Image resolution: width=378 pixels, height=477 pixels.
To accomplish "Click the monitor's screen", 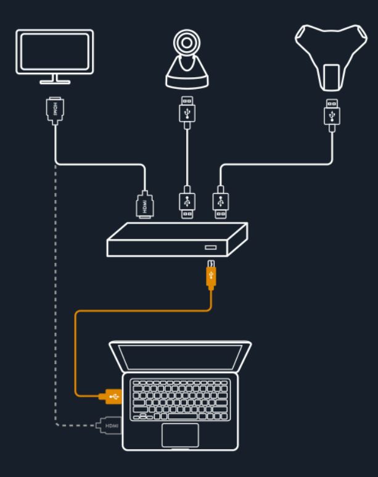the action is tap(55, 51).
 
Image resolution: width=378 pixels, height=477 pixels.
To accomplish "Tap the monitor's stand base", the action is tap(55, 82).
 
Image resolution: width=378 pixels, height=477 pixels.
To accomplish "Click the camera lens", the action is tap(187, 43).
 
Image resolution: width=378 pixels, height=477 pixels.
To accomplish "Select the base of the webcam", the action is tap(187, 82).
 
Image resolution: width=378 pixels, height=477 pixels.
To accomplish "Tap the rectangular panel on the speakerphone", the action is tap(331, 77).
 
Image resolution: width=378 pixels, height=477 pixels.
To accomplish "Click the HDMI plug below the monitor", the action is tap(55, 110).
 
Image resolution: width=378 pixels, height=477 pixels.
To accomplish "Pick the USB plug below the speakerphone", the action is tap(332, 115).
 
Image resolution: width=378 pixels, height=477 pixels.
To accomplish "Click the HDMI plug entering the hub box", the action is tap(145, 204).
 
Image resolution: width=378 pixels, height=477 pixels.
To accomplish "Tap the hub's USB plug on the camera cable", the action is tap(187, 202).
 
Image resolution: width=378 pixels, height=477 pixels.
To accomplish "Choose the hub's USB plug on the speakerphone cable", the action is tap(221, 202).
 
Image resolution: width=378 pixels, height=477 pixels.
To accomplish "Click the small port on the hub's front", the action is tap(210, 247).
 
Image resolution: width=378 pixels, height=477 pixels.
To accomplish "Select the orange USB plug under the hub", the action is tap(211, 275).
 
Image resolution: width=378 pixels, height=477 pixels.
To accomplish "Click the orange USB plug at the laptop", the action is tap(110, 396).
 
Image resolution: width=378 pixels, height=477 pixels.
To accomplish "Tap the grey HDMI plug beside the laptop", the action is tap(109, 425).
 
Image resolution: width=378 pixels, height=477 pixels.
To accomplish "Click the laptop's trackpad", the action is tap(180, 435).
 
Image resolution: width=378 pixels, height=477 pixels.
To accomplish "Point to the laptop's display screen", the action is tap(180, 357).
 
